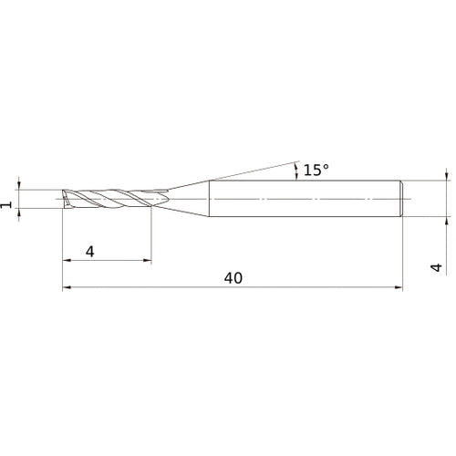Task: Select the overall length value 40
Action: click(233, 278)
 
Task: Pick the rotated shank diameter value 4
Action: click(436, 267)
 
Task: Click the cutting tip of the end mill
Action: click(64, 198)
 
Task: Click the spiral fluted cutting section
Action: click(114, 198)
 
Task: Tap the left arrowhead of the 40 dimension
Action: click(66, 289)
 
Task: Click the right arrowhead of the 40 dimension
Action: click(399, 289)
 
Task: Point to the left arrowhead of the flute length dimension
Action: click(66, 261)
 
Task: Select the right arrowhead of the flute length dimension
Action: click(148, 261)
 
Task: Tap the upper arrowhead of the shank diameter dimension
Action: click(446, 173)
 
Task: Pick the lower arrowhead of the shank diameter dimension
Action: click(446, 222)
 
